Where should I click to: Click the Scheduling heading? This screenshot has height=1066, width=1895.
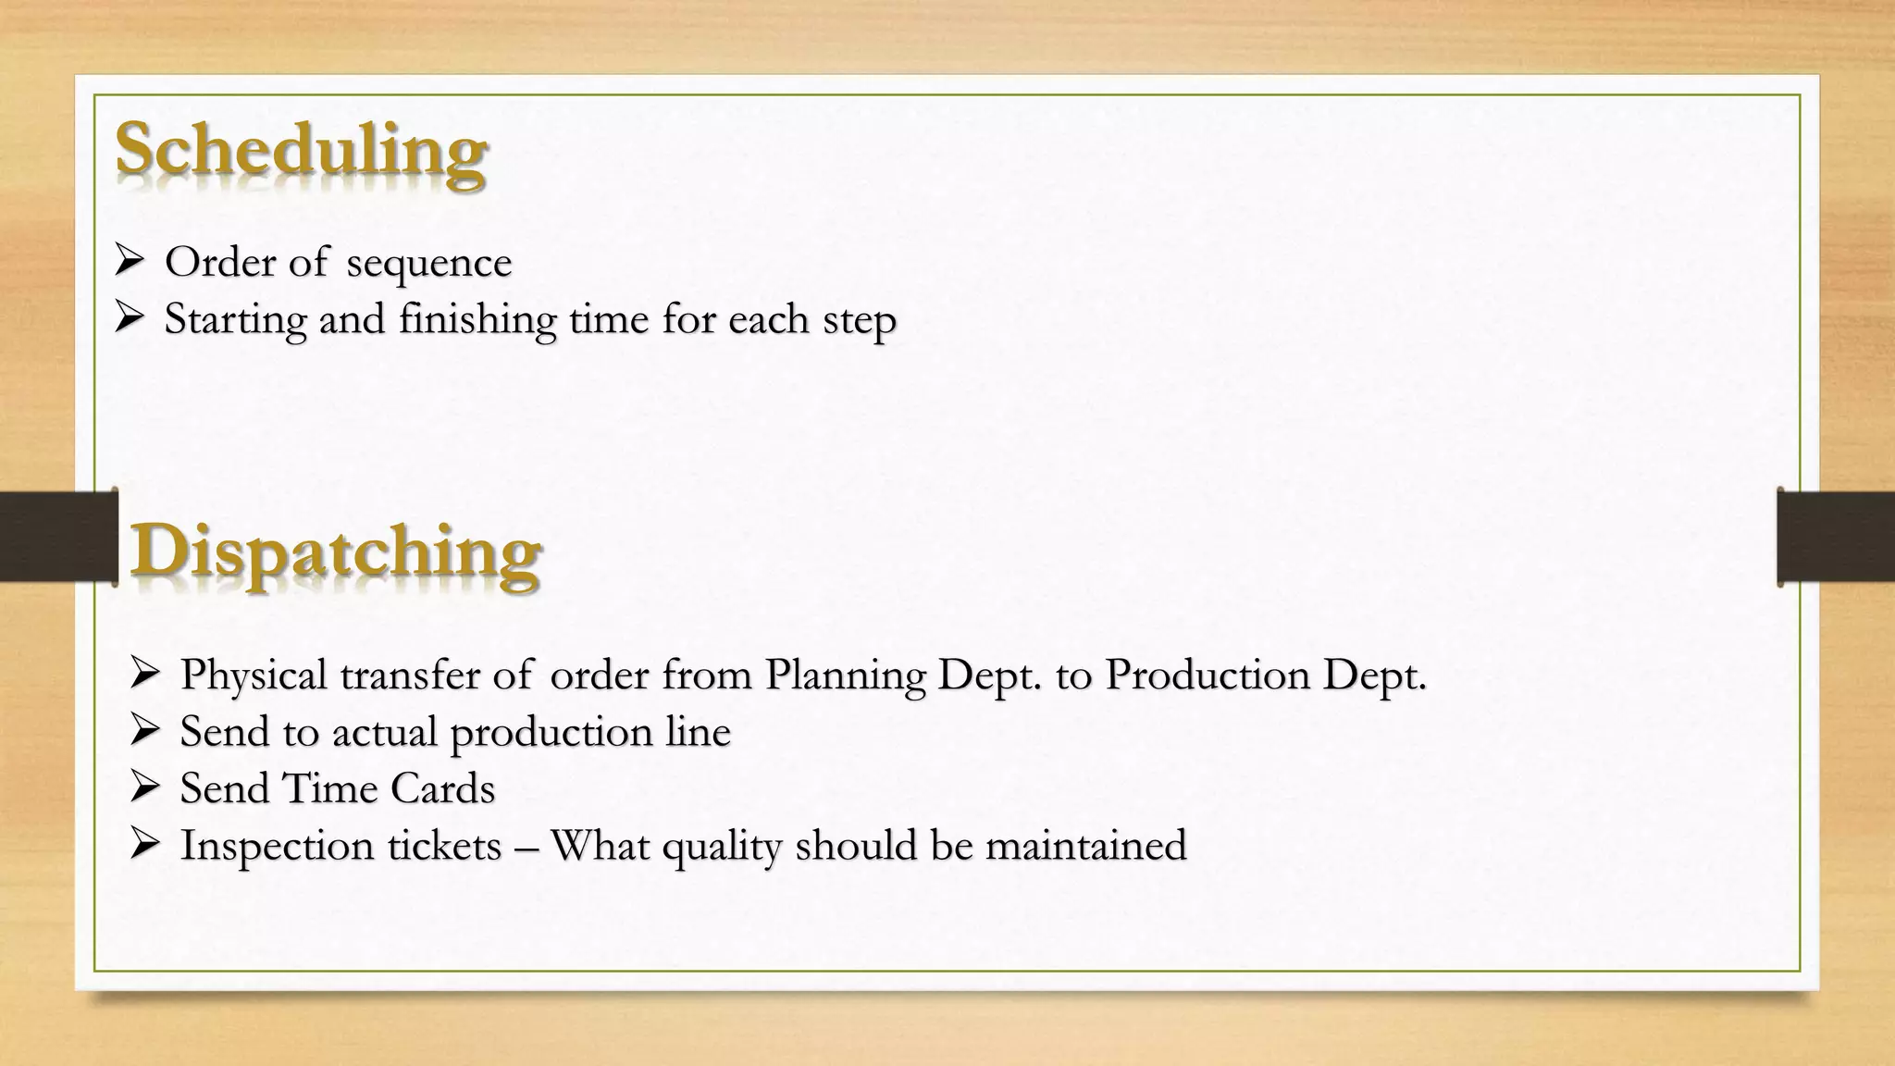[301, 151]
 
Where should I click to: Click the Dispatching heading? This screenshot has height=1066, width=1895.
[335, 552]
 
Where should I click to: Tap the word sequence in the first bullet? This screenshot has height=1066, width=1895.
[428, 263]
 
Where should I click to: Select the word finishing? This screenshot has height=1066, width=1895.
[477, 320]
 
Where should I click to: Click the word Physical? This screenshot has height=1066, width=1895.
[254, 676]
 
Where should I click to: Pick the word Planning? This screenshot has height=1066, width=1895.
[845, 676]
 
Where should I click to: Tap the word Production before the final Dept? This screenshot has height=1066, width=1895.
[1207, 675]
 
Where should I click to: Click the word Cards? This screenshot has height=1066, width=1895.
[442, 788]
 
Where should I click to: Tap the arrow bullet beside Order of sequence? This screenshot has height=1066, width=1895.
[129, 262]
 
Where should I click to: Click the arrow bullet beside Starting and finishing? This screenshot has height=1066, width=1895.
[129, 319]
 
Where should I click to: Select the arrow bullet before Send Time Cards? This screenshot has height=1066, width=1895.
[145, 787]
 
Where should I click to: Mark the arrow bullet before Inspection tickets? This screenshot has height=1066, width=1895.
[145, 844]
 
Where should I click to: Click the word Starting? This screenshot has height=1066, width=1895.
[235, 320]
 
